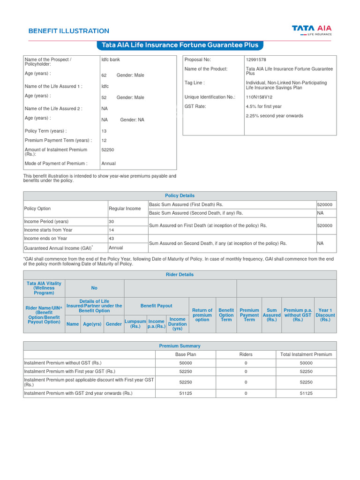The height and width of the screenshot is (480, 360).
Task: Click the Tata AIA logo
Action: (312, 30)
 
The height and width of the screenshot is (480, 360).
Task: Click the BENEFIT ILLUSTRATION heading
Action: (68, 31)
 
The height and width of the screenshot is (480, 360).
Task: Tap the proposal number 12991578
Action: (256, 60)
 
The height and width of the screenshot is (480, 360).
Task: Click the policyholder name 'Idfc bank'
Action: (111, 60)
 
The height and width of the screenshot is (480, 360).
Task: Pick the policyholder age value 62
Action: (104, 75)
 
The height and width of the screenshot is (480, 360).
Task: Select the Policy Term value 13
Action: (104, 131)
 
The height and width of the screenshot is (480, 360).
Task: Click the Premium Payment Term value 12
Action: (104, 141)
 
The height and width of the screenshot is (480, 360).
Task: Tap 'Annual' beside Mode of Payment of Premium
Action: (108, 164)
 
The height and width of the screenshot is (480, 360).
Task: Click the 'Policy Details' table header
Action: (180, 195)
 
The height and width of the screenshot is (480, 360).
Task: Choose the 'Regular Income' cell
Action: (125, 209)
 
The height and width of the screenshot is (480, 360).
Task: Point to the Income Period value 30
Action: (112, 221)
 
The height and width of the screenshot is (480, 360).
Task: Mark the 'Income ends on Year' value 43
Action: (112, 238)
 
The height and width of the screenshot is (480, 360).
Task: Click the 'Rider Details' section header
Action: (180, 275)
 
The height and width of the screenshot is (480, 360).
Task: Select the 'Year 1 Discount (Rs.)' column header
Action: (325, 315)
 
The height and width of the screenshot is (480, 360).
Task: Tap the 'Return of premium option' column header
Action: (202, 315)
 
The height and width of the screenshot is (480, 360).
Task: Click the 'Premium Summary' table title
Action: (180, 346)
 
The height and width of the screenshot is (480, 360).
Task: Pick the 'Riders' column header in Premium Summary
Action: (246, 354)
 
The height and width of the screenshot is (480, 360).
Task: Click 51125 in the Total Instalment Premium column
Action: (306, 393)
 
